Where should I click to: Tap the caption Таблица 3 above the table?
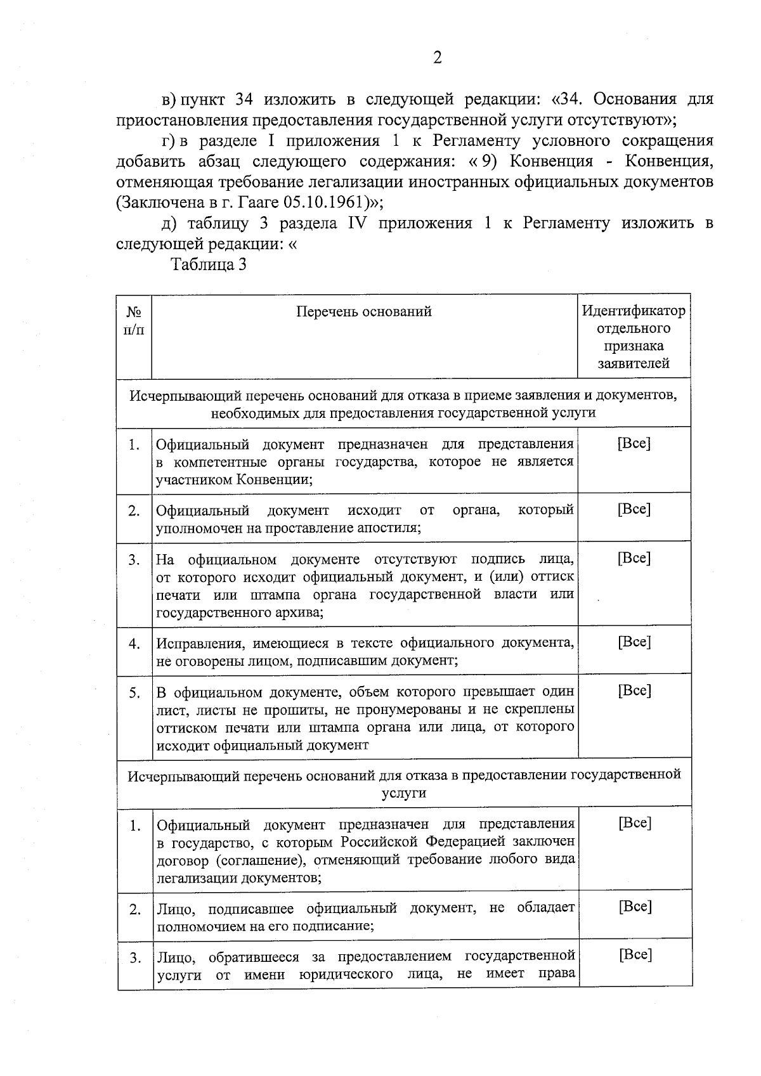208,264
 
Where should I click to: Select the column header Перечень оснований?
364,311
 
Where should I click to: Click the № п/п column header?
134,320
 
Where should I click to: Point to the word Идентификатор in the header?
634,311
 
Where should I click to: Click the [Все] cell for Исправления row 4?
634,642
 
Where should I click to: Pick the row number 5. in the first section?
134,693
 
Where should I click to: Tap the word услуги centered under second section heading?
404,793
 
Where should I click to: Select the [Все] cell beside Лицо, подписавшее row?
635,906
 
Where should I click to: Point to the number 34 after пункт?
245,100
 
